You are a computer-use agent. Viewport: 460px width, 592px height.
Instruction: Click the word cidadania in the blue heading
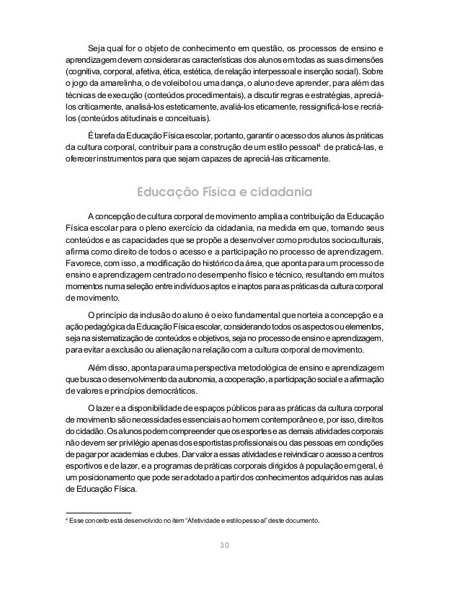pos(278,193)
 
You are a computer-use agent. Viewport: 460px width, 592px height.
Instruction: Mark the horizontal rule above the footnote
pos(93,511)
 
